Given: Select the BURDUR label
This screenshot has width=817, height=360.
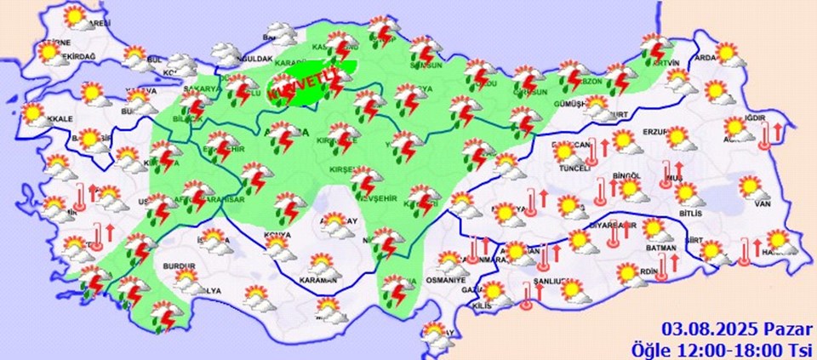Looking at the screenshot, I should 180,266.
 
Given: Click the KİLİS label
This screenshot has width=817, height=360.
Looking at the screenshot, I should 481,306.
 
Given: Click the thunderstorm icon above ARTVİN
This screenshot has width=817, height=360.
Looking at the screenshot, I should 656,46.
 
